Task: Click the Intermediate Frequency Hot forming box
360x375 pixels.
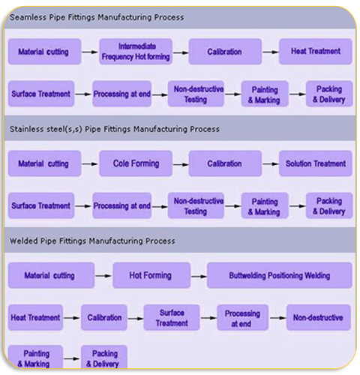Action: [x=136, y=52]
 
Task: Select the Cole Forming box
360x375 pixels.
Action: [x=136, y=163]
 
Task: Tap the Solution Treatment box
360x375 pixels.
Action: [x=316, y=163]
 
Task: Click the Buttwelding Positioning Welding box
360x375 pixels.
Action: [x=280, y=275]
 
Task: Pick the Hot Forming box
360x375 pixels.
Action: [x=151, y=275]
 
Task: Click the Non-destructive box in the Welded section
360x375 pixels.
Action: [x=319, y=317]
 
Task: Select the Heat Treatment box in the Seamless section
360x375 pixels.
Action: [x=316, y=52]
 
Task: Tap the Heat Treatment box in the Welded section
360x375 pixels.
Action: [x=35, y=317]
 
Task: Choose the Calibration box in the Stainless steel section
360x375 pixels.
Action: [x=225, y=163]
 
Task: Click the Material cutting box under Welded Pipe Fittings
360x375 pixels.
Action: [x=51, y=275]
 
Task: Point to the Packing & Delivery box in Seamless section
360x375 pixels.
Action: [x=329, y=94]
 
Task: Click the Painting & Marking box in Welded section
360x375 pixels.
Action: [x=35, y=357]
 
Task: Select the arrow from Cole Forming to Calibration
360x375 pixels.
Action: [x=181, y=164]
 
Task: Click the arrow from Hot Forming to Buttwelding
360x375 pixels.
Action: [x=199, y=277]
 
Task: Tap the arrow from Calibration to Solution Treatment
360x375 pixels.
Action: [x=271, y=164]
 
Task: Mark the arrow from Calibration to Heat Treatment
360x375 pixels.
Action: [x=271, y=52]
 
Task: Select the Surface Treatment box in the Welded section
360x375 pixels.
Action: [x=172, y=317]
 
